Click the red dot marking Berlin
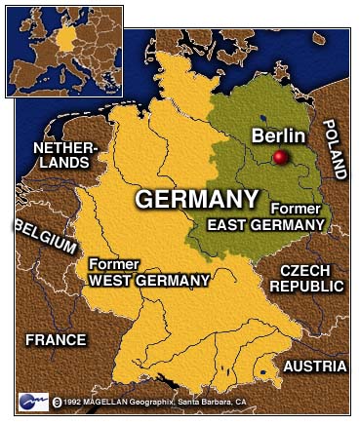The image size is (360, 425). tap(281, 158)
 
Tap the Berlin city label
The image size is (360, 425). tap(278, 135)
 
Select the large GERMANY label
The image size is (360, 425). tap(196, 200)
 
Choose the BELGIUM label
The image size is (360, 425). tap(44, 237)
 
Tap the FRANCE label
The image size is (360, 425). tap(56, 340)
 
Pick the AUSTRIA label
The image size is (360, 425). tap(314, 366)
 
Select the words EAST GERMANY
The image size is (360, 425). tap(265, 225)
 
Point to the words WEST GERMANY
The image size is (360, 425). tap(149, 281)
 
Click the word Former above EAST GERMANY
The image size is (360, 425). tap(294, 209)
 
